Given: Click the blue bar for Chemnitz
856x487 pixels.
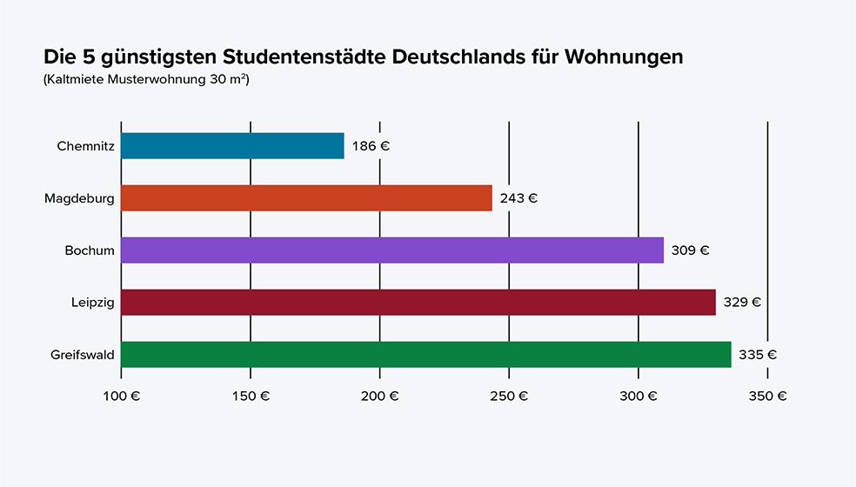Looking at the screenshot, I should [x=232, y=146].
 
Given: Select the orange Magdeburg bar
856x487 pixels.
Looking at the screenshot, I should [x=306, y=198].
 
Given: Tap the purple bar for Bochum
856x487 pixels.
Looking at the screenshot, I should [x=391, y=250].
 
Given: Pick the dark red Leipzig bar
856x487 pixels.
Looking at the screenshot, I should [x=418, y=303].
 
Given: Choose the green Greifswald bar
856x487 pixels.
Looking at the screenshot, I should [x=425, y=355].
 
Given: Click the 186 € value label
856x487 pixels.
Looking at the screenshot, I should [x=371, y=146].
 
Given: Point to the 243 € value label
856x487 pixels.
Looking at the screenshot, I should [x=518, y=198].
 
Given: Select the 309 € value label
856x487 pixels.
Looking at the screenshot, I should [x=690, y=250].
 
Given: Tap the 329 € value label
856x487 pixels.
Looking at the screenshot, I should [x=742, y=303].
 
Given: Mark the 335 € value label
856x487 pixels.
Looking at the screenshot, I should [x=758, y=355].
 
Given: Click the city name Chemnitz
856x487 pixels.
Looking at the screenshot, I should [x=85, y=146].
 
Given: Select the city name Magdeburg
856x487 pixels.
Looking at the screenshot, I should [x=79, y=198].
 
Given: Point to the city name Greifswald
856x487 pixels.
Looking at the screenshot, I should [x=83, y=355].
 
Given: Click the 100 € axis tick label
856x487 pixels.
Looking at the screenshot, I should [x=121, y=396].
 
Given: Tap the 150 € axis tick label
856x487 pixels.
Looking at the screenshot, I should [x=251, y=396].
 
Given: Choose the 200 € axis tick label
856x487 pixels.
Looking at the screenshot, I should [x=379, y=396].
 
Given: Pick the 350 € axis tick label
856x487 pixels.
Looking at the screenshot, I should [x=767, y=396].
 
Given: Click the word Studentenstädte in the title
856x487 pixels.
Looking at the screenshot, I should [x=304, y=57].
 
